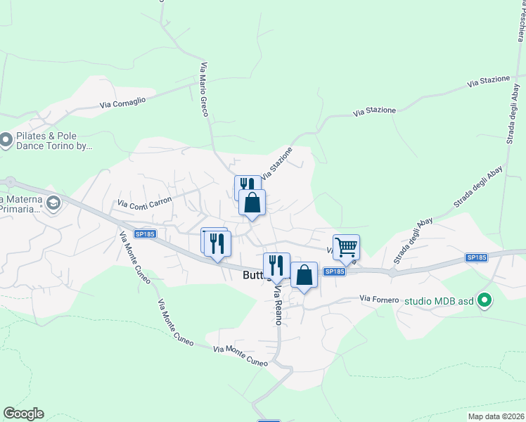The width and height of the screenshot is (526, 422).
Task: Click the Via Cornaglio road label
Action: pos(122,102)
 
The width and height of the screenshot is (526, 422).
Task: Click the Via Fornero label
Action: pos(380,299)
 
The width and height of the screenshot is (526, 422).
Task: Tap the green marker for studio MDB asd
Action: pos(484,301)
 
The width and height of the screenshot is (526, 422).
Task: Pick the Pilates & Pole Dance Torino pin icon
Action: pos(6,141)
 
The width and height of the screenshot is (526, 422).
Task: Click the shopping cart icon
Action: pos(346,247)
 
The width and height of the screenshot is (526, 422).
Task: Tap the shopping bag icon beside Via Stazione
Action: pos(252,203)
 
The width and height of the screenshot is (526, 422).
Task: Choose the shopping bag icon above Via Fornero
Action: pos(304,275)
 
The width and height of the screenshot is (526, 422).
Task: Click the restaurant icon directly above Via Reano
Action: pos(276,265)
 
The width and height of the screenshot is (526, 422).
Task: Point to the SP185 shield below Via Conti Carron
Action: pos(145,234)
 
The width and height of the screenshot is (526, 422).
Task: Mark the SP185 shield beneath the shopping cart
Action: pos(335,271)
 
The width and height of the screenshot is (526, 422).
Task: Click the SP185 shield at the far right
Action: pos(476,258)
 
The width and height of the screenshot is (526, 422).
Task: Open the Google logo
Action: pos(23,414)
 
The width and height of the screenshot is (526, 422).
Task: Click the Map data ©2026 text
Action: pos(496,416)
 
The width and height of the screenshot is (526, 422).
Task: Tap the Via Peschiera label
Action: pos(520,21)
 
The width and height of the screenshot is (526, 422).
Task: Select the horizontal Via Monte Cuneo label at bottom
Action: pos(240,356)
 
